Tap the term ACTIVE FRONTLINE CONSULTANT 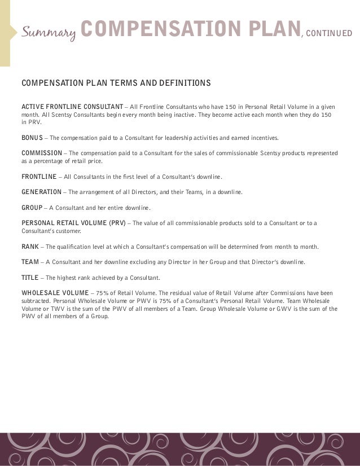pyautogui.click(x=72, y=107)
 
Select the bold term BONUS pyautogui.click(x=32, y=138)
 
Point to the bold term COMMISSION pyautogui.click(x=42, y=153)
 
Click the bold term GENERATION pyautogui.click(x=41, y=192)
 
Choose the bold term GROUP pyautogui.click(x=32, y=208)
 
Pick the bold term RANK pyautogui.click(x=30, y=247)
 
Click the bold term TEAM pyautogui.click(x=30, y=262)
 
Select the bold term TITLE pyautogui.click(x=30, y=278)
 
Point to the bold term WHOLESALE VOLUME pyautogui.click(x=55, y=293)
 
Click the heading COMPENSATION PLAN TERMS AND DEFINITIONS pyautogui.click(x=116, y=83)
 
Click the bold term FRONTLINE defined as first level pyautogui.click(x=39, y=177)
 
